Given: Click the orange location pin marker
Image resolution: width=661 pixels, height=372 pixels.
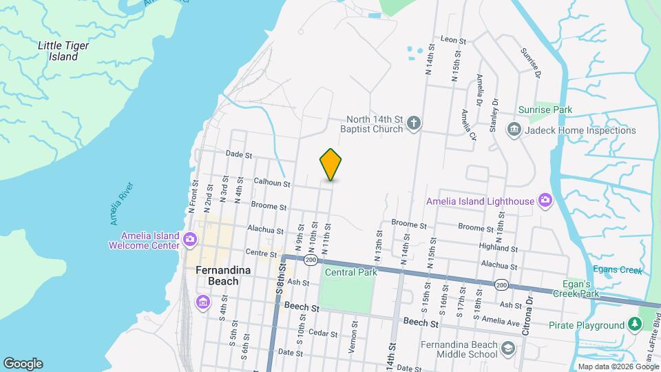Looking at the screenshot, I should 330,164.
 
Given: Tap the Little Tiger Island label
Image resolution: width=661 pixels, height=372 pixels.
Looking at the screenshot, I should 63,51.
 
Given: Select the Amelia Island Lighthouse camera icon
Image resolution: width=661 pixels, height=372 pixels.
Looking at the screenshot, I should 546,200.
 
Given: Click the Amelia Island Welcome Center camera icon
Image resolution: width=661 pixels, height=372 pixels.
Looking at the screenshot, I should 190,240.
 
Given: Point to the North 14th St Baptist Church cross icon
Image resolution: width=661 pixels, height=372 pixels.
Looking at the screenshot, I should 413,125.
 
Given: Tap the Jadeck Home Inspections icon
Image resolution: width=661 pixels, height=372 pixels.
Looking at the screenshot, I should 514,130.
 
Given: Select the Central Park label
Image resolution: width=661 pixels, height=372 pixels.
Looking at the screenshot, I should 351,272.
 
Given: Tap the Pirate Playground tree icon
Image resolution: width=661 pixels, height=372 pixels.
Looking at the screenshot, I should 634,325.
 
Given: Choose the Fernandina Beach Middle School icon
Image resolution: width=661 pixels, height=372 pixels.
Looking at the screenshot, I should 508,349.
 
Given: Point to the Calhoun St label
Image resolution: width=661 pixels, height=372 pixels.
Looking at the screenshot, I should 272,184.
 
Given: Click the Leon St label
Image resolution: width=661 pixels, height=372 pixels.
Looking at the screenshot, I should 453,40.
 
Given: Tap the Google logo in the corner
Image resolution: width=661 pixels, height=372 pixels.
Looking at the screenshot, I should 23,364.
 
